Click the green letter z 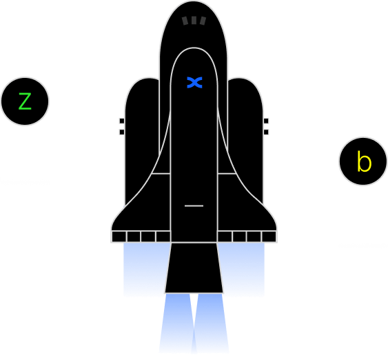point(25,101)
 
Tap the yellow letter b point(364,161)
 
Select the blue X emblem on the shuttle point(194,83)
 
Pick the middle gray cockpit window point(194,20)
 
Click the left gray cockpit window point(185,21)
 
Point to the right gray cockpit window point(203,21)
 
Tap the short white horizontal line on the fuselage point(194,206)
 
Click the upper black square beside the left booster point(122,121)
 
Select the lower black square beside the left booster point(122,132)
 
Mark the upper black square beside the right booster point(266,121)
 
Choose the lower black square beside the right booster point(266,132)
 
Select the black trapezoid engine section point(194,268)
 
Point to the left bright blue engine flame point(176,322)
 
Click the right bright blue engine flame point(211,322)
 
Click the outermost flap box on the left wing point(119,237)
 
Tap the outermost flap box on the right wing point(269,237)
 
